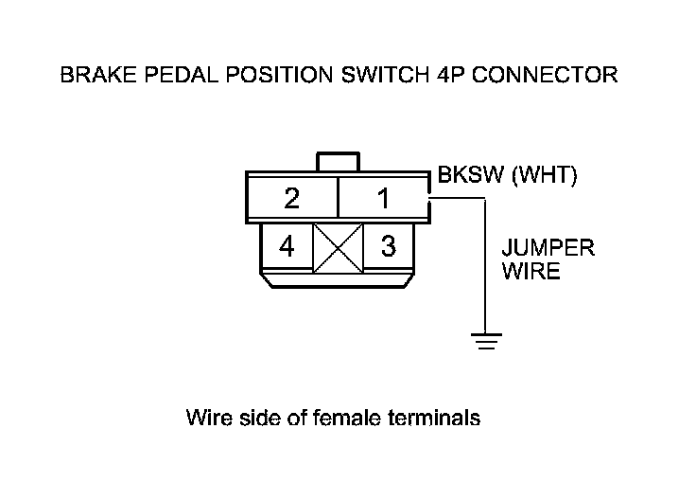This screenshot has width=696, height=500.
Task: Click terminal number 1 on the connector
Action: point(382,200)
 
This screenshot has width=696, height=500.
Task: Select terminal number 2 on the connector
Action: point(292,200)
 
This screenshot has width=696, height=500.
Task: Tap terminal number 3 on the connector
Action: point(388,246)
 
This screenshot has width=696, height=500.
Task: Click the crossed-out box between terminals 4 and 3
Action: point(338,247)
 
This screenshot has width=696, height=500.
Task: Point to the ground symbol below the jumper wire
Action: point(486,342)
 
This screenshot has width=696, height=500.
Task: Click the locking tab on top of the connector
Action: point(338,161)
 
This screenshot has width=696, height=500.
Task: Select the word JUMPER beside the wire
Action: point(548,250)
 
